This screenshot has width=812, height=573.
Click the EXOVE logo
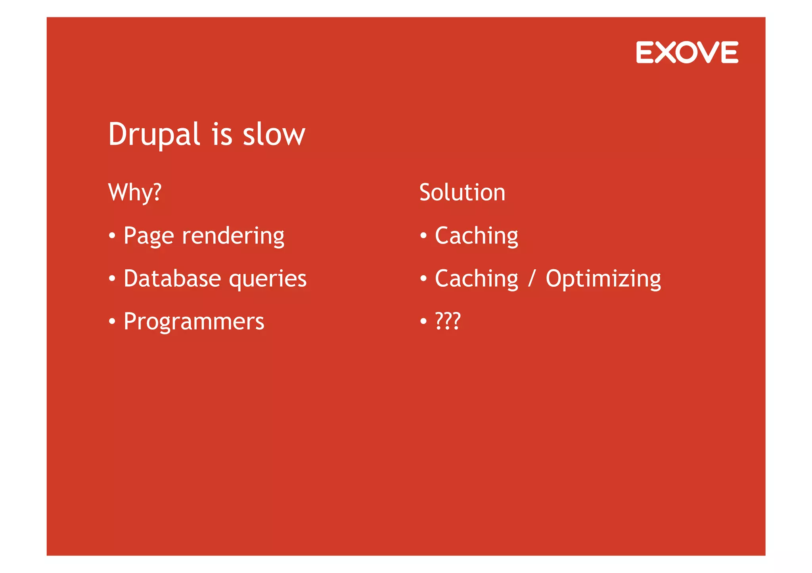tap(687, 52)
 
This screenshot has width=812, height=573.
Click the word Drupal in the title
tap(154, 135)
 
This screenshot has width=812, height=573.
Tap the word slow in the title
tap(274, 135)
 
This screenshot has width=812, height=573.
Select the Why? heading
tap(135, 193)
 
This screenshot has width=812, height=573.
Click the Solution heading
tap(462, 193)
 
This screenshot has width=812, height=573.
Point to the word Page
tap(149, 236)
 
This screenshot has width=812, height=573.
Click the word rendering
tap(233, 236)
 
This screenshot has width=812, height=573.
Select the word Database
tap(172, 278)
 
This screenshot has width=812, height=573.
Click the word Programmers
tap(194, 322)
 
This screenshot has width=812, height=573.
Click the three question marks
tap(448, 321)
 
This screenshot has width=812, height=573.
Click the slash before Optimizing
tap(532, 278)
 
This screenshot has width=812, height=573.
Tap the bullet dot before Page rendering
tap(112, 236)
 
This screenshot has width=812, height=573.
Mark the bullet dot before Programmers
tap(112, 322)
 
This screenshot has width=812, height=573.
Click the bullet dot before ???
tap(423, 322)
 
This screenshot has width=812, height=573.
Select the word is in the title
tap(222, 135)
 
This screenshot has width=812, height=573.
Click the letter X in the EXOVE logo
tap(666, 52)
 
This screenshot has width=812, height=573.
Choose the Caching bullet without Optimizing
tap(476, 236)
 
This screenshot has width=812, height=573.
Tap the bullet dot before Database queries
tap(112, 279)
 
